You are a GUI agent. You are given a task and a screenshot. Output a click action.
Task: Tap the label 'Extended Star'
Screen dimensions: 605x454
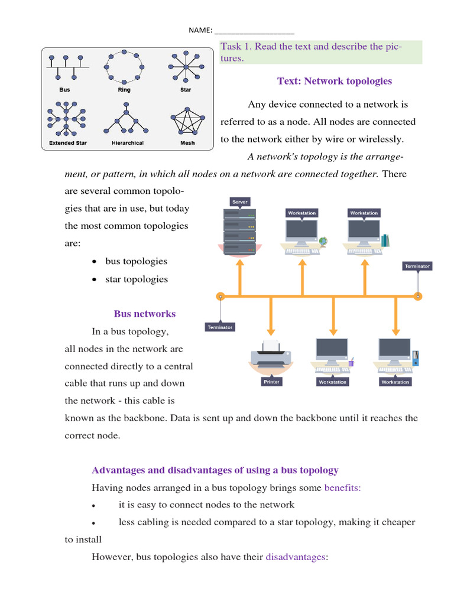68,143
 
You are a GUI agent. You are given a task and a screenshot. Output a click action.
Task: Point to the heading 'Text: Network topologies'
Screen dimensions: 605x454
335,81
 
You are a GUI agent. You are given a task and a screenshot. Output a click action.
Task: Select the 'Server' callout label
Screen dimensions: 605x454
240,202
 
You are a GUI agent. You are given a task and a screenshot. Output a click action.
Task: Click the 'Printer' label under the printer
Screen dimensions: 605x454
271,382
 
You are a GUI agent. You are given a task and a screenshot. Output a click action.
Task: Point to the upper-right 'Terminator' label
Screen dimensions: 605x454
417,266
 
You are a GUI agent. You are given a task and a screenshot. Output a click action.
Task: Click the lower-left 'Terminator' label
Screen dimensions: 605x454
220,327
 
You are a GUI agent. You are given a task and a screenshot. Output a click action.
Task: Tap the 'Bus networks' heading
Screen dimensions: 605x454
144,314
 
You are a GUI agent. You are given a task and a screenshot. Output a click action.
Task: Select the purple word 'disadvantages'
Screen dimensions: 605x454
295,557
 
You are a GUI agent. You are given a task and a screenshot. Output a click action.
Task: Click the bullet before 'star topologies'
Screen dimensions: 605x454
95,279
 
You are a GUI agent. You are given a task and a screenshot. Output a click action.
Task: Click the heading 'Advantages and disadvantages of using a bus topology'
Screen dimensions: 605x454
215,470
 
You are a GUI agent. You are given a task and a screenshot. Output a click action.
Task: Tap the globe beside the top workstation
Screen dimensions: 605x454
323,241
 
